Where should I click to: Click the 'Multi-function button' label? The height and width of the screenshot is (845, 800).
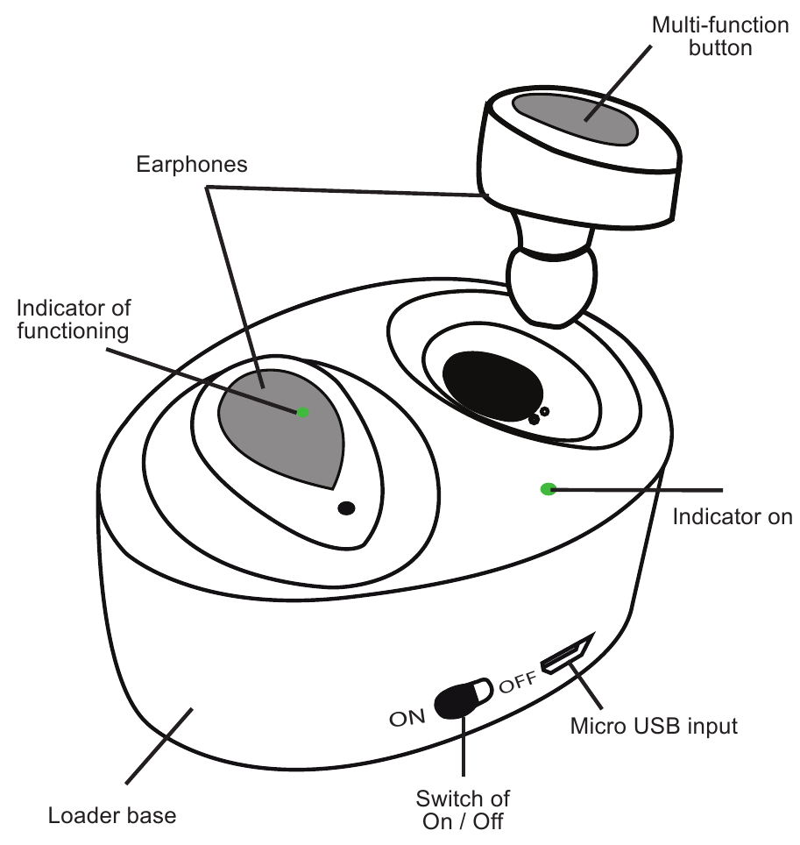point(720,36)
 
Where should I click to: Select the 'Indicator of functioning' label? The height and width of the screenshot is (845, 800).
point(74,319)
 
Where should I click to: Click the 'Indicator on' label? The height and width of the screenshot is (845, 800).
point(732,516)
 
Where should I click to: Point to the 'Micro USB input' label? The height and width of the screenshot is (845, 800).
point(654,726)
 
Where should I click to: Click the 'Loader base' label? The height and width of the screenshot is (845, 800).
point(111,815)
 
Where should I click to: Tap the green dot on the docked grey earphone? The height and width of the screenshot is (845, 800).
point(303,412)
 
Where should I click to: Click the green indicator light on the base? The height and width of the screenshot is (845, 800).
point(549,488)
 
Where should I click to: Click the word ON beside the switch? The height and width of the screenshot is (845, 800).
point(407,719)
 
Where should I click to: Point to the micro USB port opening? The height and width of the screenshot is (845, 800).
point(563,657)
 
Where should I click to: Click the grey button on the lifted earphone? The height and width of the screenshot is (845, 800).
point(575,118)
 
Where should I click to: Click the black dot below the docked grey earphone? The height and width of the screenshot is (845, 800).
point(347,508)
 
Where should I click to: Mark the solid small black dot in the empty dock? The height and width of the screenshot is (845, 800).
point(534,419)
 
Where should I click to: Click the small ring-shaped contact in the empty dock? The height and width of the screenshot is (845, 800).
point(545,411)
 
